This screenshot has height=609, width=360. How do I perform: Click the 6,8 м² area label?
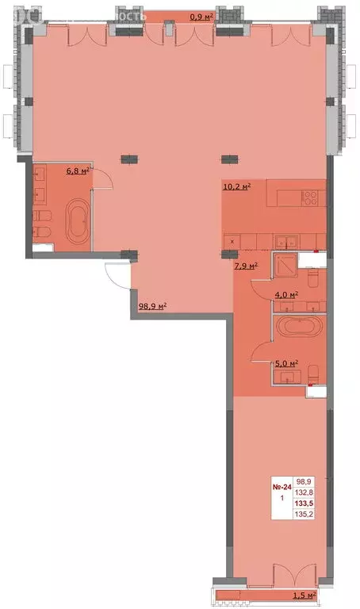[76, 170]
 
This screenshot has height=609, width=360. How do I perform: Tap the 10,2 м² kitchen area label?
[236, 187]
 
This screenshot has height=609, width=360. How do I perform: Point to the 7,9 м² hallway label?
[246, 266]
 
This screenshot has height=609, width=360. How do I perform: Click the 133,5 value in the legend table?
[303, 502]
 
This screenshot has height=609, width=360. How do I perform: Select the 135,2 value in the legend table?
[303, 513]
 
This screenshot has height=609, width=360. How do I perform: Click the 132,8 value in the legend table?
[303, 492]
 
